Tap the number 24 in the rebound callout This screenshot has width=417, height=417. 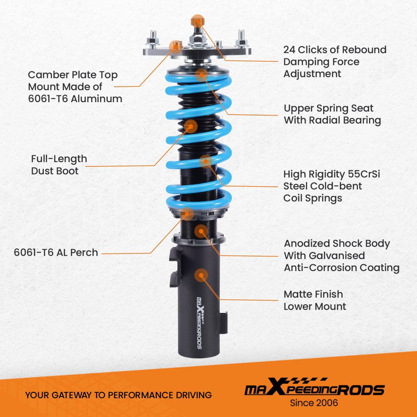pyautogui.click(x=289, y=50)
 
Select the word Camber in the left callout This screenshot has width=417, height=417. pyautogui.click(x=46, y=75)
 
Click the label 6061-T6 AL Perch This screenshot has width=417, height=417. pyautogui.click(x=56, y=252)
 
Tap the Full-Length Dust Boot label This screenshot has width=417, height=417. pyautogui.click(x=59, y=165)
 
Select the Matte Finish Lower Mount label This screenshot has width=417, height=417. pyautogui.click(x=315, y=300)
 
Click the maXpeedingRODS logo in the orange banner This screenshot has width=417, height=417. pyautogui.click(x=314, y=387)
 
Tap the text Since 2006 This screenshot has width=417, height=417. pyautogui.click(x=314, y=403)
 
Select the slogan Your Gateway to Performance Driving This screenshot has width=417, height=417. pyautogui.click(x=118, y=395)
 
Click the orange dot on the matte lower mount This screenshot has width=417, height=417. pyautogui.click(x=201, y=275)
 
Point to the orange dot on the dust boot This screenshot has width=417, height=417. pyautogui.click(x=191, y=126)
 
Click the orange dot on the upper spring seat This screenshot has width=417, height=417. pyautogui.click(x=201, y=75)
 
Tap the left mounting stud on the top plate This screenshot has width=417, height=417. pyautogui.click(x=153, y=38)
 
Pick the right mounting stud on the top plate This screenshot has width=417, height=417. pyautogui.click(x=241, y=38)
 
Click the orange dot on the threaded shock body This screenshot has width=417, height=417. pyautogui.click(x=201, y=231)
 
